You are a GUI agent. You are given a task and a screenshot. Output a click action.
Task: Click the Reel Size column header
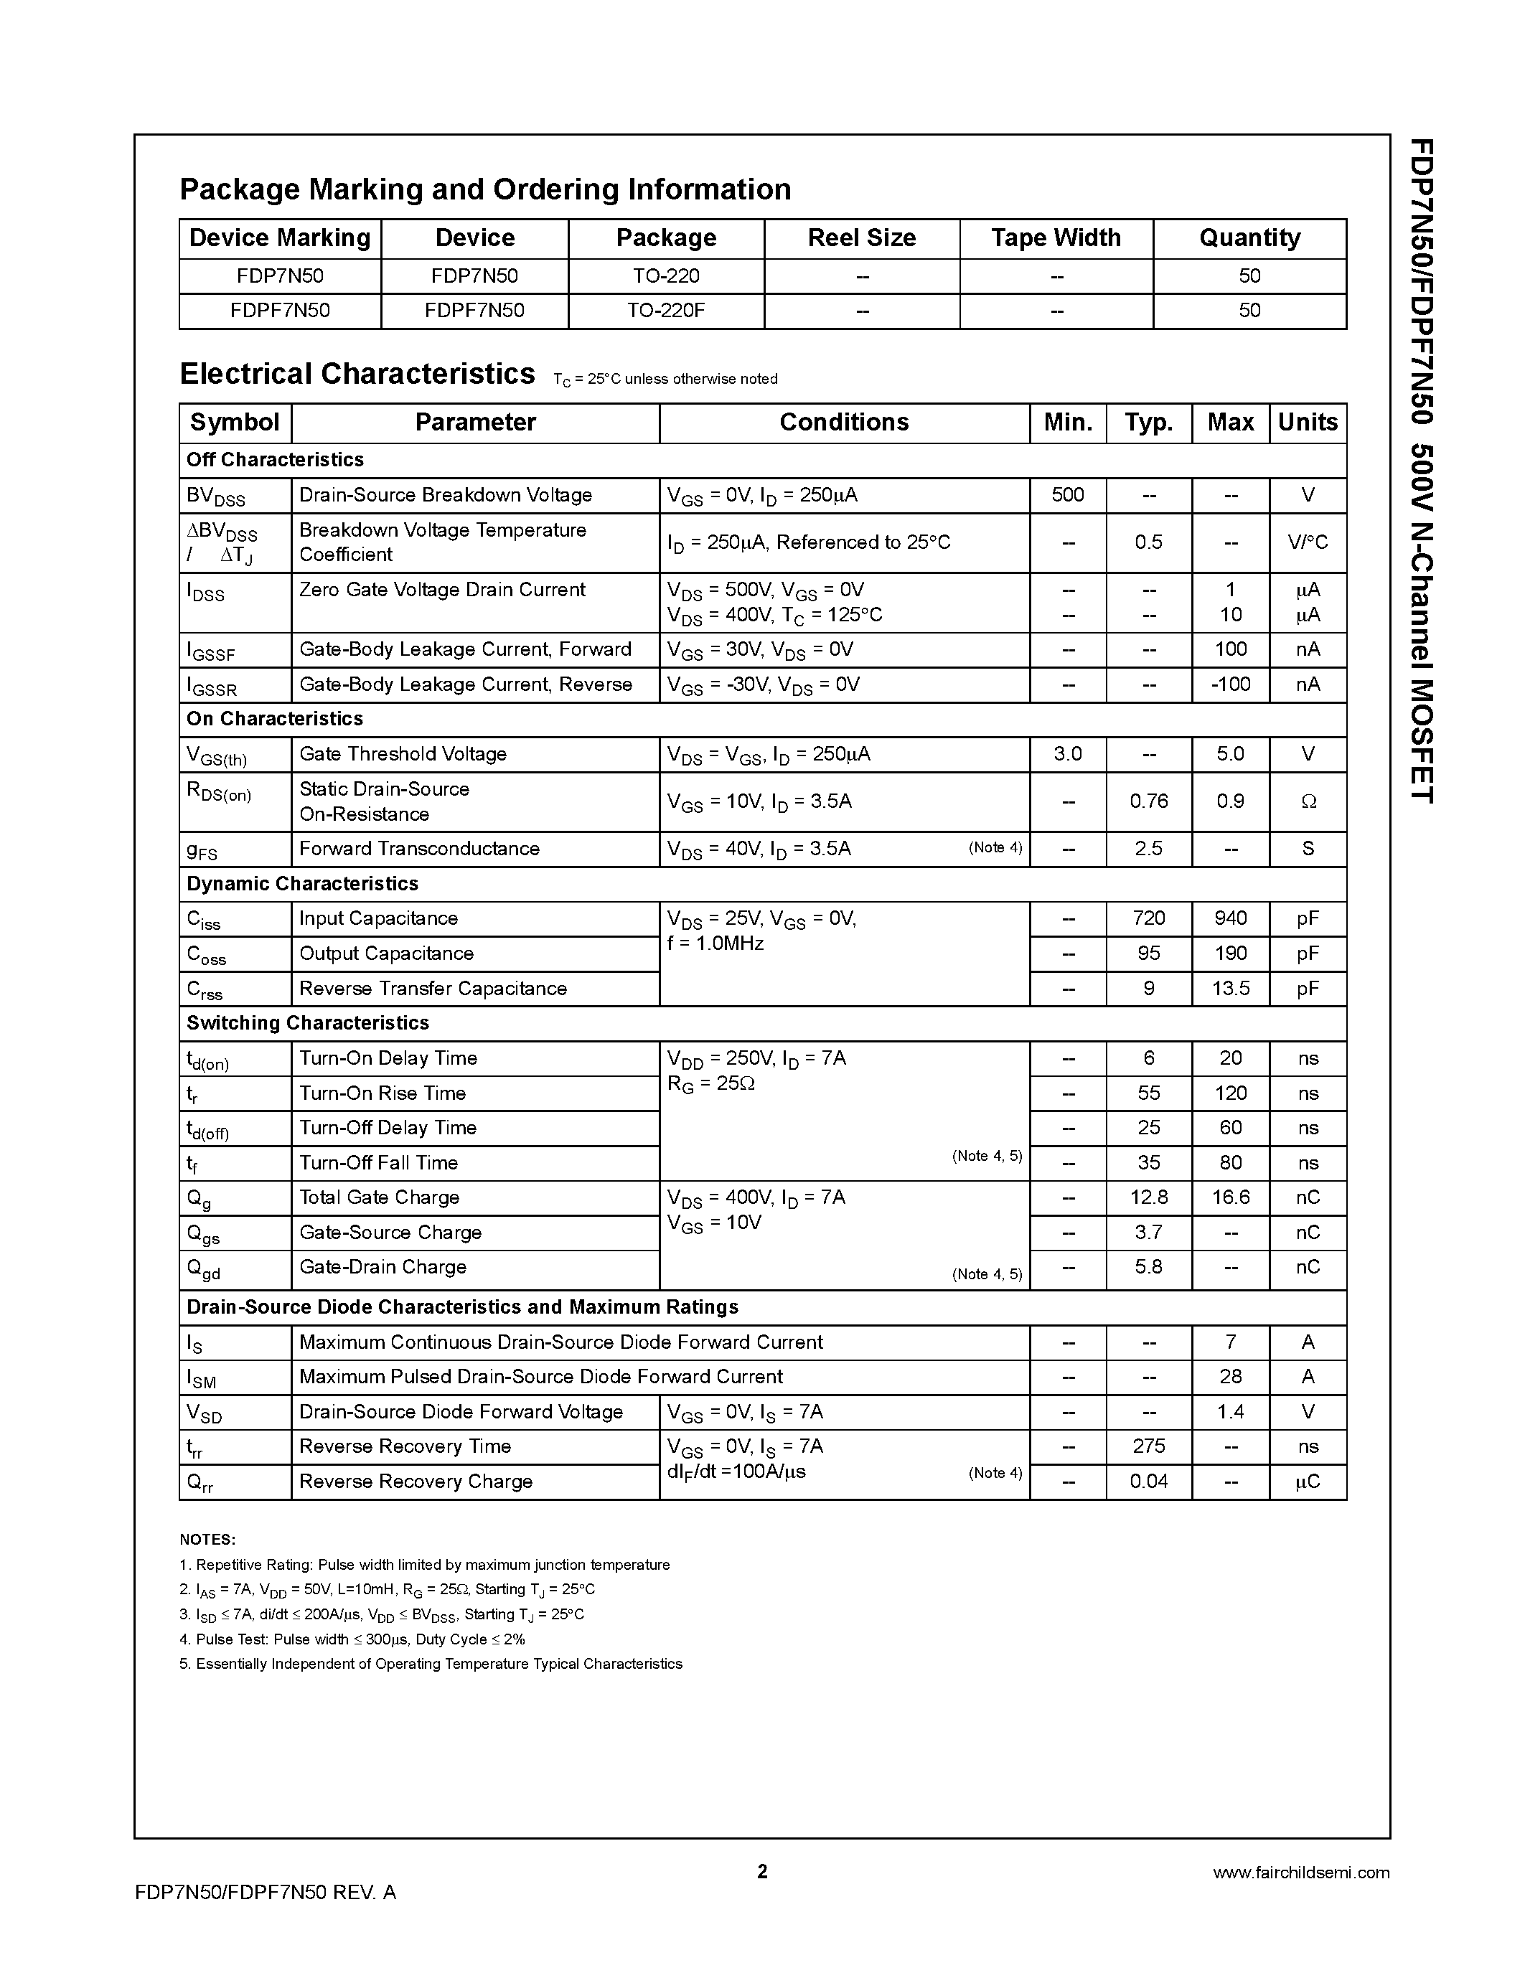coord(861,237)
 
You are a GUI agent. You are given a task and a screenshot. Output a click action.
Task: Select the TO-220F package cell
coord(666,311)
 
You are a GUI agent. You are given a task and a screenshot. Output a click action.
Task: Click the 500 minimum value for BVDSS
coord(1067,495)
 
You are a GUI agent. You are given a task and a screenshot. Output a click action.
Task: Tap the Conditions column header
coord(844,422)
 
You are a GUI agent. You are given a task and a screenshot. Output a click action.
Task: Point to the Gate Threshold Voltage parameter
coord(403,754)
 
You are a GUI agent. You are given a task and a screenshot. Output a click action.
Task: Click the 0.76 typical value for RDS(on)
coord(1148,801)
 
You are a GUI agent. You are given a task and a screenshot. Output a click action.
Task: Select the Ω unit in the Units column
coord(1308,802)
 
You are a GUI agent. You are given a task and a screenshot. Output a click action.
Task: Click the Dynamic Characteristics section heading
coord(301,883)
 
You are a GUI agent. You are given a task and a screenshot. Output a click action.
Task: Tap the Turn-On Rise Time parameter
coord(383,1093)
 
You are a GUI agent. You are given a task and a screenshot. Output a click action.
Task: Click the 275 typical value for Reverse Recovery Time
coord(1148,1446)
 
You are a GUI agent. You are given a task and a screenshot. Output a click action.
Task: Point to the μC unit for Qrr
coord(1308,1482)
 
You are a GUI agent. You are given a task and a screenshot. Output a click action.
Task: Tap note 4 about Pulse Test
coord(352,1639)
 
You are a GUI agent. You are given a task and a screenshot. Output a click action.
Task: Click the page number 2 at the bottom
coord(761,1871)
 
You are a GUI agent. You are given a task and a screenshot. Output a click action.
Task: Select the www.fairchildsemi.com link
coord(1301,1873)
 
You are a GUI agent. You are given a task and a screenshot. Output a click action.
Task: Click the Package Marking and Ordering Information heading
coord(485,189)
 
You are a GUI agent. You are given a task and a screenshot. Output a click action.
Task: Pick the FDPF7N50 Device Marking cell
coord(280,311)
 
